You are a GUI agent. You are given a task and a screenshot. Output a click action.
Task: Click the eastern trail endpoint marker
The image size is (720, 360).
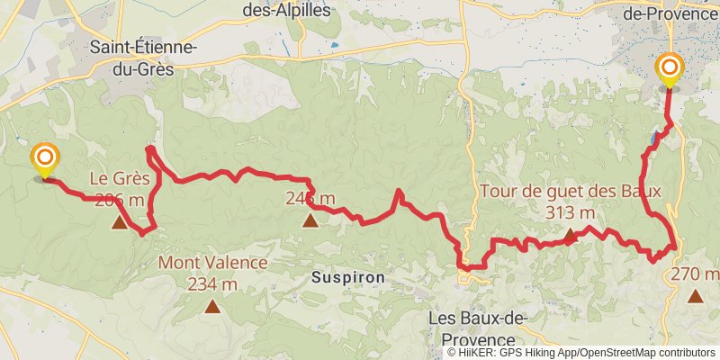click(670, 69)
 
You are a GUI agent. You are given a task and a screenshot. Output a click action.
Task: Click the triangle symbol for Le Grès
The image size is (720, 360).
click(120, 220)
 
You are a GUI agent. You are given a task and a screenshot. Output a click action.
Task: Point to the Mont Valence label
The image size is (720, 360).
click(212, 263)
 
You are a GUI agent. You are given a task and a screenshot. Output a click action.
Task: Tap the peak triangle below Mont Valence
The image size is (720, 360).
click(212, 306)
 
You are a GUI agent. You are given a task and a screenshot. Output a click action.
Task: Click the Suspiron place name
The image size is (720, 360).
click(348, 278)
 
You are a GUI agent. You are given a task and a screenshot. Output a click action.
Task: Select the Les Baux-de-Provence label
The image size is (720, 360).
click(477, 328)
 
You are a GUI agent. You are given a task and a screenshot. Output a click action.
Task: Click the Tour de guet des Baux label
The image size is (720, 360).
click(571, 191)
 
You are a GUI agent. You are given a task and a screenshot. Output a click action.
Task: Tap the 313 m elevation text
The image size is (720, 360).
click(571, 212)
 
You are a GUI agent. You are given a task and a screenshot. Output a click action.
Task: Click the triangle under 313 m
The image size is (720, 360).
click(570, 236)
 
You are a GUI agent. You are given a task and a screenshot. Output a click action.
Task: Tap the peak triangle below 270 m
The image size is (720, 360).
click(696, 295)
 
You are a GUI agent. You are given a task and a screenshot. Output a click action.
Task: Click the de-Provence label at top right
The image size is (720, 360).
click(667, 13)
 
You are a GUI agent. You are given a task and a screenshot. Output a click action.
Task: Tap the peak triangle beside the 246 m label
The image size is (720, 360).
click(310, 220)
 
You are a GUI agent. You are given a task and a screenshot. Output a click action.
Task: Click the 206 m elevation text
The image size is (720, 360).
click(120, 199)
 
